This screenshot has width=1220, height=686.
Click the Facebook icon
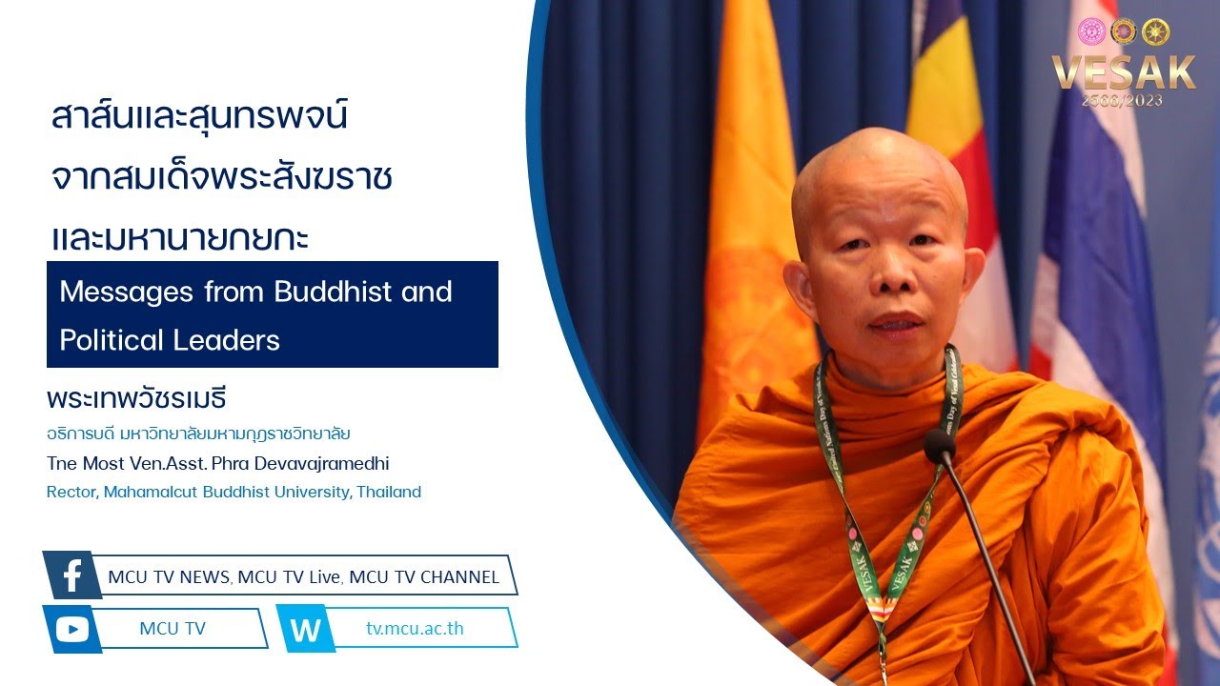pyautogui.click(x=72, y=575)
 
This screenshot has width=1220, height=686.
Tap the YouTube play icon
pyautogui.click(x=72, y=630)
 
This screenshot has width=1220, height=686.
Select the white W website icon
pyautogui.click(x=306, y=630)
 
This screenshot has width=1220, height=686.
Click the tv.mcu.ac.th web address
pyautogui.click(x=415, y=628)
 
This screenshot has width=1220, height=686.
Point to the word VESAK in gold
pyautogui.click(x=1124, y=72)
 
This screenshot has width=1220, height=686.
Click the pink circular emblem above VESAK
pyautogui.click(x=1091, y=31)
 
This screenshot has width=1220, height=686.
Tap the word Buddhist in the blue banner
pyautogui.click(x=334, y=292)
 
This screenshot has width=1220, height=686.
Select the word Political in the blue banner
pyautogui.click(x=112, y=340)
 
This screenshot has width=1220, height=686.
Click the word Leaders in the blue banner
pyautogui.click(x=226, y=340)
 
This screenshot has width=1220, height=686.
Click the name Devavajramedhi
pyautogui.click(x=321, y=463)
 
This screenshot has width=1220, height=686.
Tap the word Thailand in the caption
pyautogui.click(x=389, y=492)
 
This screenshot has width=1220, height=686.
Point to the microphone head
pyautogui.click(x=940, y=446)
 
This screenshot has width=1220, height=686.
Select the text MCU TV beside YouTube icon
pyautogui.click(x=173, y=628)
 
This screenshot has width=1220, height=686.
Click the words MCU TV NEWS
pyautogui.click(x=169, y=577)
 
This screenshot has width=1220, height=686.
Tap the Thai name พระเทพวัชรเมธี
pyautogui.click(x=136, y=398)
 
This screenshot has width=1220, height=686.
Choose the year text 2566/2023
pyautogui.click(x=1123, y=101)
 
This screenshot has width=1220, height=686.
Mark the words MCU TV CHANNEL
pyautogui.click(x=424, y=577)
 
